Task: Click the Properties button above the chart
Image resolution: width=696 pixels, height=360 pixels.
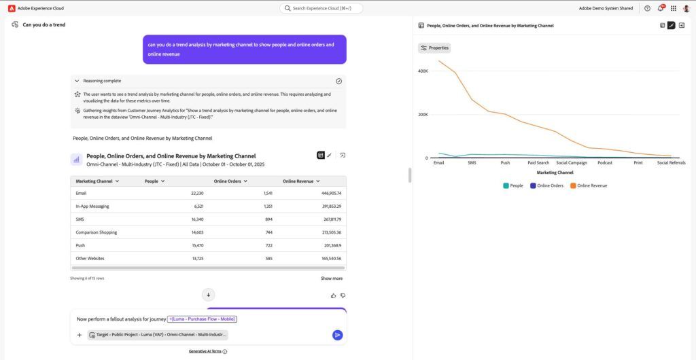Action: coord(434,48)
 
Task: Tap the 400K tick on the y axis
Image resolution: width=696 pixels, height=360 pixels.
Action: coord(423,71)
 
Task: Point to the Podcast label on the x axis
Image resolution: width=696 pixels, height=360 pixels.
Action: coord(604,163)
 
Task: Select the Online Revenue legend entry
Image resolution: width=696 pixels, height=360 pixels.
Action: coord(589,185)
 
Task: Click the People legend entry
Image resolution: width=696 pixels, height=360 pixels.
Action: coord(513,185)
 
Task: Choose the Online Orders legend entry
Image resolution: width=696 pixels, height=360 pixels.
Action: coord(547,185)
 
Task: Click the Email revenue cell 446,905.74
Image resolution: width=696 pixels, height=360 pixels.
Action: coord(331,194)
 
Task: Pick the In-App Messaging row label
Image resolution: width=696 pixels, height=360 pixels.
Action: coord(92,206)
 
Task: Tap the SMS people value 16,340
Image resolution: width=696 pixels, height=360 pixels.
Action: coord(198,219)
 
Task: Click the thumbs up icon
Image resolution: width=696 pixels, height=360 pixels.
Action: coord(333,295)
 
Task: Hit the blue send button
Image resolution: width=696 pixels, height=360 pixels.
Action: coord(337,335)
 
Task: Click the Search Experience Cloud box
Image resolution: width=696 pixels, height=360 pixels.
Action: coord(321,8)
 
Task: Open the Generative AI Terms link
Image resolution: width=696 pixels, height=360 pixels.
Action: coord(205,351)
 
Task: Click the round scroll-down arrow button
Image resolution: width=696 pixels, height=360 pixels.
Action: coord(208,295)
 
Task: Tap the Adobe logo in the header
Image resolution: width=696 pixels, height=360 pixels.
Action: coord(12,8)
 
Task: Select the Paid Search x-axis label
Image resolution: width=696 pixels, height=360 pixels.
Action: coord(538,163)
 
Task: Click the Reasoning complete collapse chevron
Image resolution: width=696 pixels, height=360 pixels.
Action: coord(77,81)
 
